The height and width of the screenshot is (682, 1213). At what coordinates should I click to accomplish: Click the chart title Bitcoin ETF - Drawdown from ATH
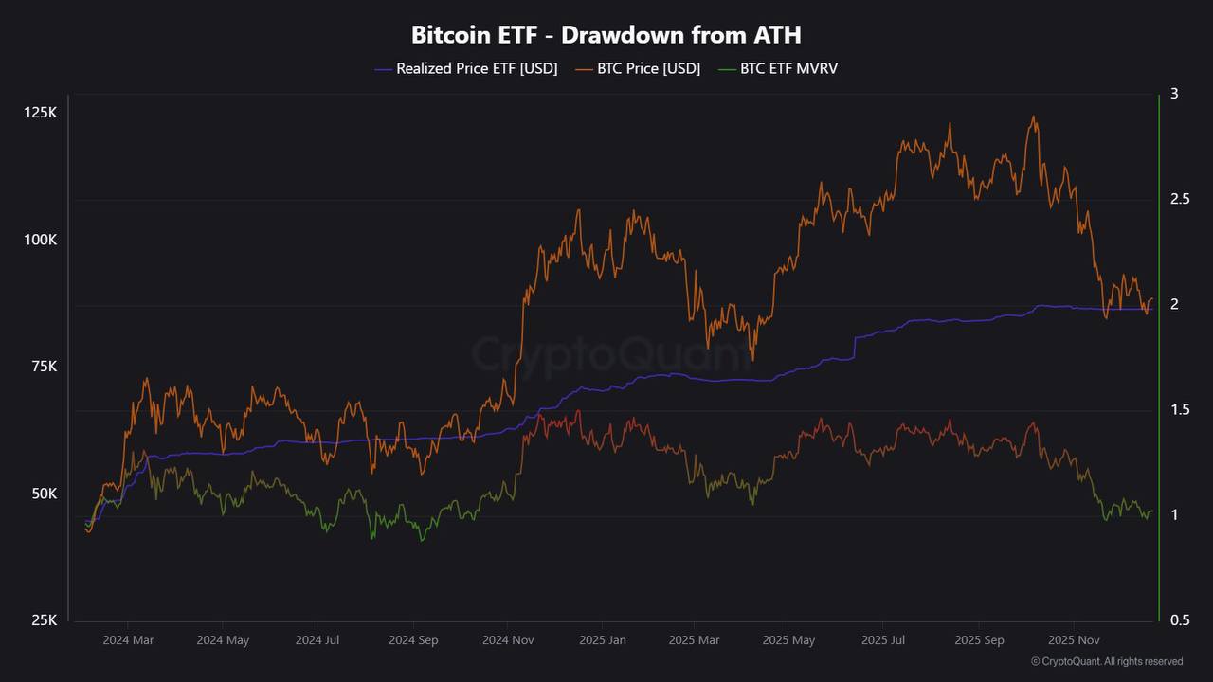(x=606, y=35)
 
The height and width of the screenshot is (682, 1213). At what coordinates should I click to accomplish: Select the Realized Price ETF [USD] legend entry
(x=466, y=68)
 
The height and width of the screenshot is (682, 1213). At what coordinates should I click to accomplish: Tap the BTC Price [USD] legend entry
(x=638, y=68)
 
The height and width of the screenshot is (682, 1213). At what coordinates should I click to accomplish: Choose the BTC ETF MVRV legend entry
(x=777, y=68)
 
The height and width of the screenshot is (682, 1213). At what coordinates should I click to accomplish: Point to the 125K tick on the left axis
(x=40, y=113)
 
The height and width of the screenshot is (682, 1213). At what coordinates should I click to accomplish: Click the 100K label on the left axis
(x=40, y=240)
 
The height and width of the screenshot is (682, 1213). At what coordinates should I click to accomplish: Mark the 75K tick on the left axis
(x=43, y=367)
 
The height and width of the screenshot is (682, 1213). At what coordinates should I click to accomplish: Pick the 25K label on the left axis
(x=43, y=620)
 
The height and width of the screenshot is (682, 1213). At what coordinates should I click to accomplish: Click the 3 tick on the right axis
(x=1174, y=94)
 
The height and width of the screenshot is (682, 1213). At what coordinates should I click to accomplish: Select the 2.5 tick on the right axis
(x=1180, y=199)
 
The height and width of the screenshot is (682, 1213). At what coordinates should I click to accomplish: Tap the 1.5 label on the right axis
(x=1180, y=410)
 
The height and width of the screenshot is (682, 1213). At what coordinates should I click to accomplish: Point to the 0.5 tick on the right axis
(x=1180, y=620)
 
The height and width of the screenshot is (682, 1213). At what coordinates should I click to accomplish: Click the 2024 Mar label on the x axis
(x=129, y=640)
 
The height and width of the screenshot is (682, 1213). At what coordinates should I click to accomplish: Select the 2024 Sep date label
(x=413, y=640)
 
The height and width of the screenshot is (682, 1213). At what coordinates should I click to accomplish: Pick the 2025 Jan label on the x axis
(x=602, y=640)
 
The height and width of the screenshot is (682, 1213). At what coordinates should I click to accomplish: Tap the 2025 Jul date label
(x=883, y=640)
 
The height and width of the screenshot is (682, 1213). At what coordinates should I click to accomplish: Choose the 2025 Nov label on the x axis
(x=1073, y=640)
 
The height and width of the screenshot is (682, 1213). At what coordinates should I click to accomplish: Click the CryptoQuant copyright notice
(x=1106, y=661)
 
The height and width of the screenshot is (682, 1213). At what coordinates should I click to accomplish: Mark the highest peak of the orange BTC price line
(x=1033, y=117)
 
